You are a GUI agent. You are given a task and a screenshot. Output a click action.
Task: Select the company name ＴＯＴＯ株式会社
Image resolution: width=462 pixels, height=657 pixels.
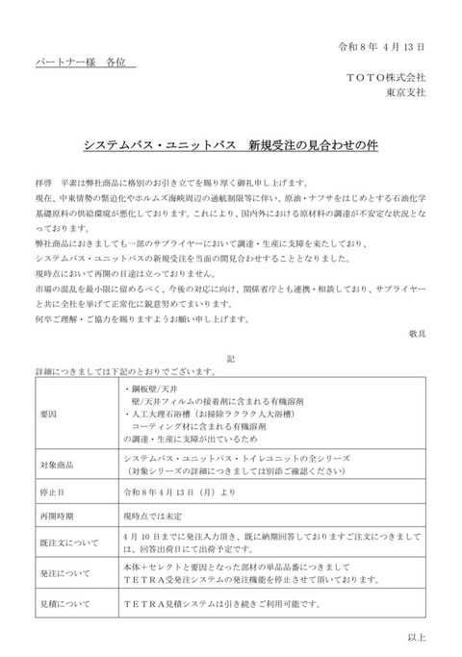[x=388, y=77]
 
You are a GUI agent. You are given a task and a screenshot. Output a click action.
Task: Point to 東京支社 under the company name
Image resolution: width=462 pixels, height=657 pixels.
[x=407, y=92]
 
